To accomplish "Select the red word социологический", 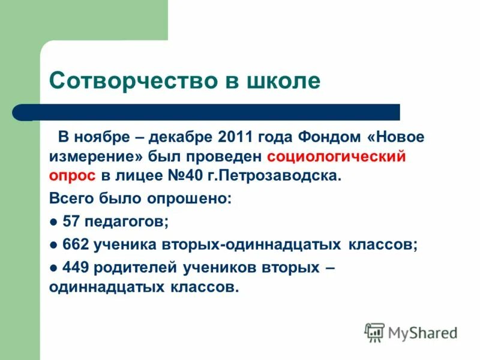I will [x=337, y=157].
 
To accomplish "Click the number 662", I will [x=75, y=244].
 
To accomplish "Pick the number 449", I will [x=75, y=267].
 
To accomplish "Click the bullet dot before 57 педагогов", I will [x=53, y=222].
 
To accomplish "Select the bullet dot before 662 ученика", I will [x=53, y=245].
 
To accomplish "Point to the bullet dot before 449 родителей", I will [x=53, y=268].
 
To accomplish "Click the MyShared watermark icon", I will [x=374, y=332].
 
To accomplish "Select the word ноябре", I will [x=100, y=137].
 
